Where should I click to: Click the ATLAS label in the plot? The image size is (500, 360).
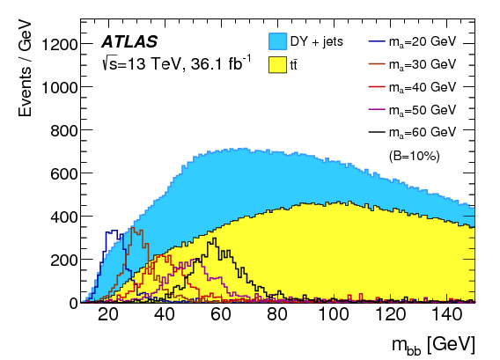pos(130,40)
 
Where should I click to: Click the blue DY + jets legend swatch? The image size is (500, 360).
pos(279,40)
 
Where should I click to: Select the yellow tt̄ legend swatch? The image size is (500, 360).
pos(279,65)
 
